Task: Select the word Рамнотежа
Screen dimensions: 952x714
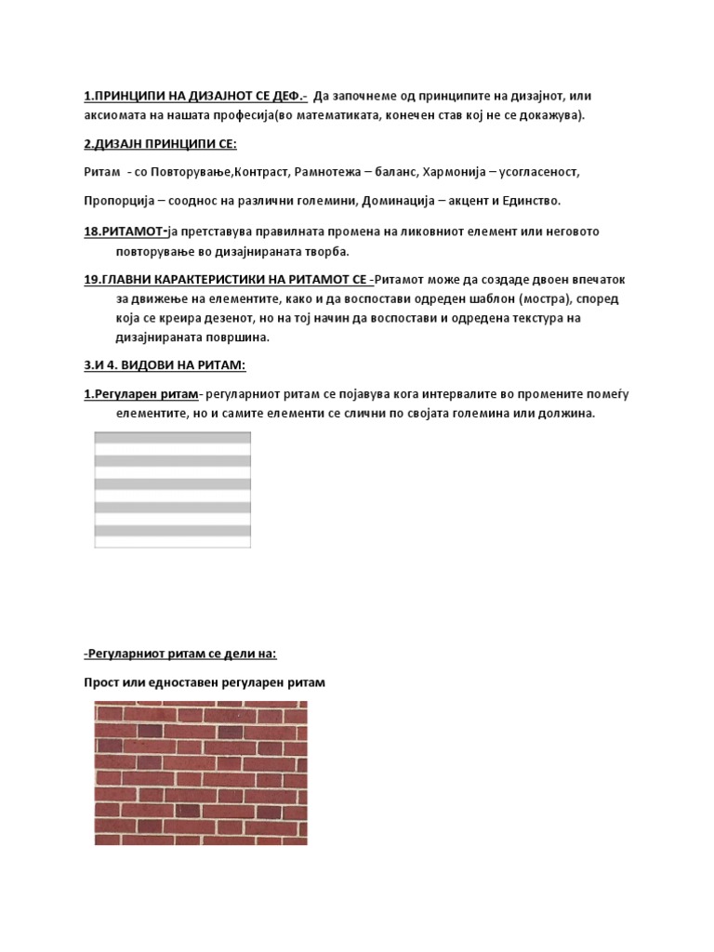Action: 331,173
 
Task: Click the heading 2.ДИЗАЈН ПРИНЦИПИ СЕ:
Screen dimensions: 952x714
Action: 160,144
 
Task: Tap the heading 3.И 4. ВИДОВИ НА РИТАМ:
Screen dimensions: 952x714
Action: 165,364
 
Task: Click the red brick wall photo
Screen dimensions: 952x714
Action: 201,773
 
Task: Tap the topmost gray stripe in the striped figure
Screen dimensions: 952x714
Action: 173,437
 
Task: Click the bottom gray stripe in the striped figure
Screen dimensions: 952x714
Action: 173,530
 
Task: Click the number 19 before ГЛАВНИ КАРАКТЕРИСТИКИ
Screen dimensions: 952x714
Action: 91,279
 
